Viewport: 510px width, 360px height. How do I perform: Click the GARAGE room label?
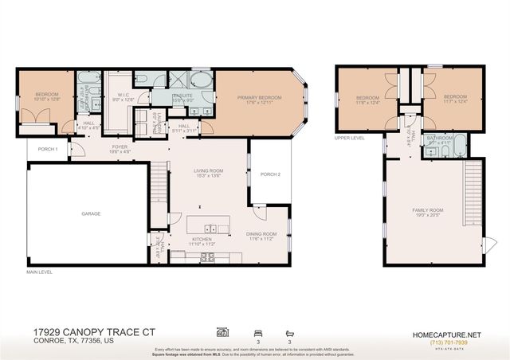coord(90,214)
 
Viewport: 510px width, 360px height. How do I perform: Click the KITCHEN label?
coord(200,241)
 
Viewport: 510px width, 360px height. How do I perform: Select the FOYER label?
coord(120,148)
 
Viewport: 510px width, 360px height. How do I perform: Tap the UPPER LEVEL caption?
coord(349,137)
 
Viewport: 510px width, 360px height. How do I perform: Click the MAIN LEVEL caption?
coord(39,272)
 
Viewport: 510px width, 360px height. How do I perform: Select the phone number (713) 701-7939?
coord(449,342)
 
